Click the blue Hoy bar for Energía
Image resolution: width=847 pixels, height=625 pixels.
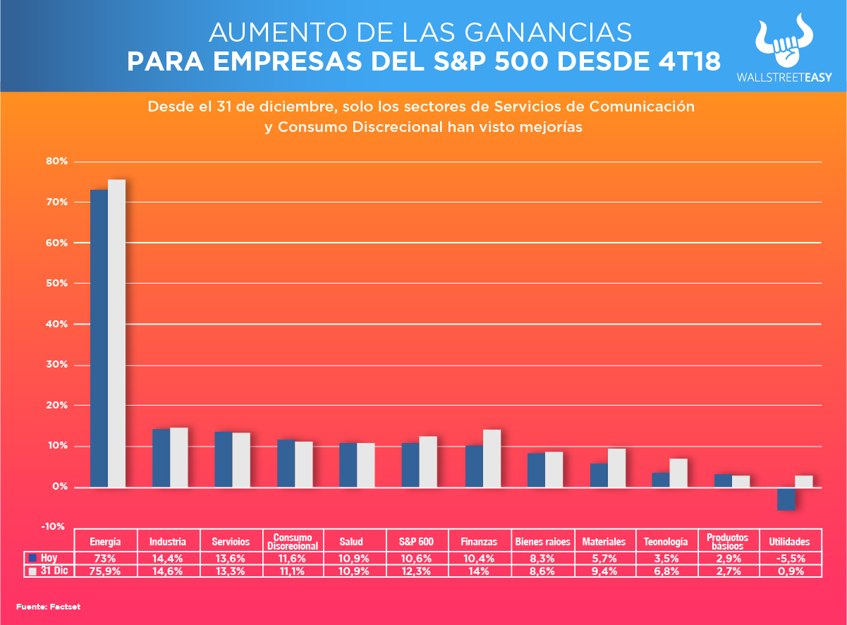[x=99, y=339]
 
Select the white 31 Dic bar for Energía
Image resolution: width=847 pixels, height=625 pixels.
[x=116, y=333]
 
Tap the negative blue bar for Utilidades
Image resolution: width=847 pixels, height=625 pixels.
[x=786, y=499]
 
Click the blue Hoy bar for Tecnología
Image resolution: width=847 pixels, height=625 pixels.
[x=660, y=480]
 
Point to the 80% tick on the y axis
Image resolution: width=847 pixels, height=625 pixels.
[x=58, y=162]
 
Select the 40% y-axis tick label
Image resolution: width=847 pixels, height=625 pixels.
[x=58, y=324]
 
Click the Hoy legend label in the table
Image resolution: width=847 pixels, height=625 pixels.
[x=49, y=557]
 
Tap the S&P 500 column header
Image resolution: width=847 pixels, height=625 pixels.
[x=418, y=542]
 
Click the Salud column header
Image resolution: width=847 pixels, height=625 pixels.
[x=351, y=542]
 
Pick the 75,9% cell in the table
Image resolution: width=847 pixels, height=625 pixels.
[x=106, y=571]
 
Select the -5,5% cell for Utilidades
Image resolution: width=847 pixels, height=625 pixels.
[x=789, y=557]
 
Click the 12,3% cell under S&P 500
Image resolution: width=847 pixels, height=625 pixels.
[x=418, y=571]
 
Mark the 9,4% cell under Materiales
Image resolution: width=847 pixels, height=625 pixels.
[x=604, y=571]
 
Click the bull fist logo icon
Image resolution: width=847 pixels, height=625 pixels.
[x=783, y=42]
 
